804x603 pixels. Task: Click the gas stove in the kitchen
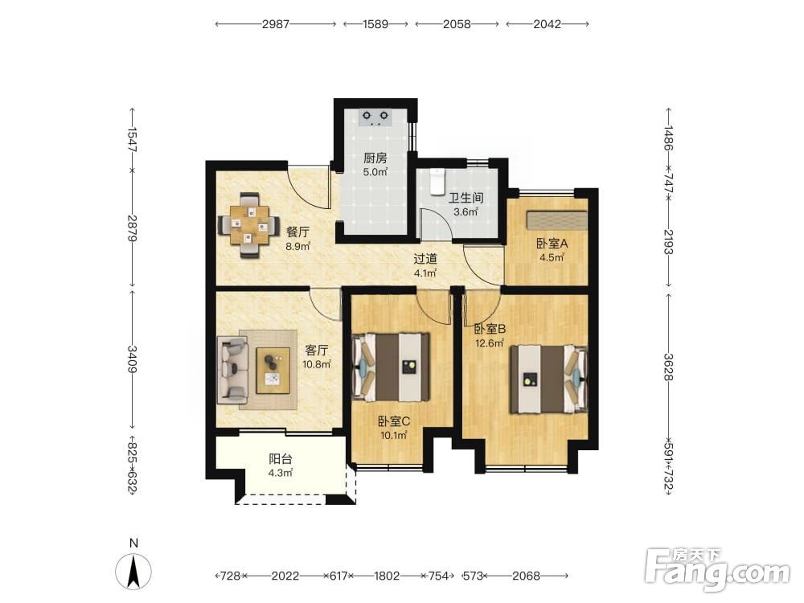(375, 117)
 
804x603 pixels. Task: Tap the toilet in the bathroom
(437, 182)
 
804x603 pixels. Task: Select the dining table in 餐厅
(248, 224)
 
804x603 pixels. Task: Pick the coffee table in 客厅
(273, 370)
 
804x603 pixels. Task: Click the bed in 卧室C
(391, 367)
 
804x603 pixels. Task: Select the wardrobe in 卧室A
(557, 220)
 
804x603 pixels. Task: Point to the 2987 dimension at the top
(276, 24)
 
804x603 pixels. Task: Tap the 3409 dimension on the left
(133, 359)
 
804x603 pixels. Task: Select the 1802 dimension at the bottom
(387, 576)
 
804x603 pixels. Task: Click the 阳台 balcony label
(281, 459)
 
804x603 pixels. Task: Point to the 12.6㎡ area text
(490, 343)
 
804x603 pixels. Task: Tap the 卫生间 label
(466, 198)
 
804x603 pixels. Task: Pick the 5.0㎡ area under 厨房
(375, 172)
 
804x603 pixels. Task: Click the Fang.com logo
(717, 569)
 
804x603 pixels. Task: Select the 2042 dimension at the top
(547, 24)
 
